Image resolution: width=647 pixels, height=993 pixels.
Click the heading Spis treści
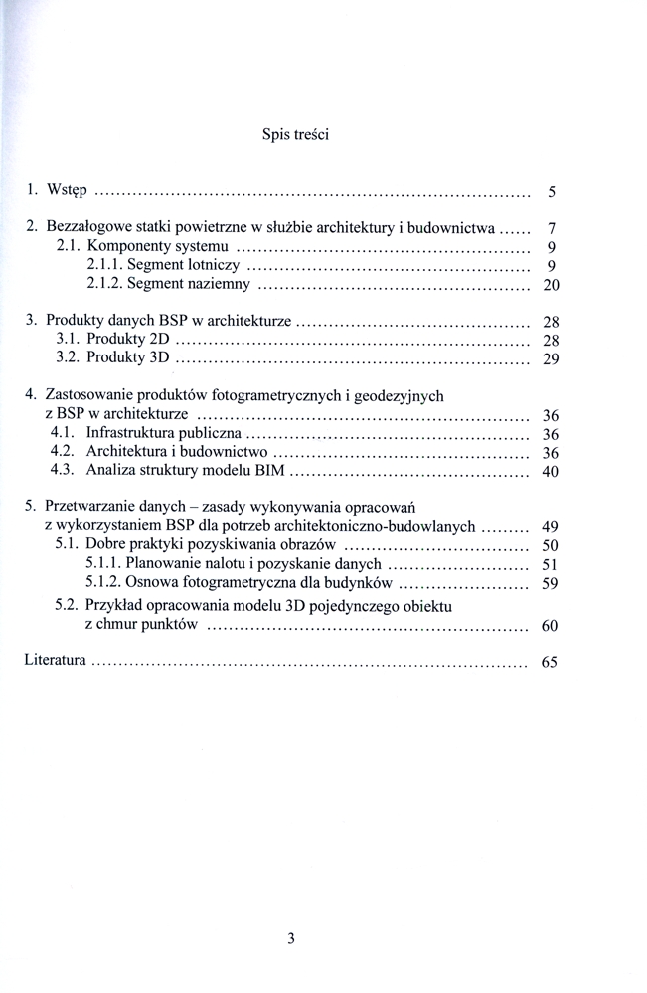click(x=295, y=134)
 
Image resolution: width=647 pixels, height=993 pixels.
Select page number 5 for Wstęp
click(x=551, y=190)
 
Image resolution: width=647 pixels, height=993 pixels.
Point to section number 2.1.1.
click(x=104, y=266)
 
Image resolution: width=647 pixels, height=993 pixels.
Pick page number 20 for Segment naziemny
click(x=551, y=286)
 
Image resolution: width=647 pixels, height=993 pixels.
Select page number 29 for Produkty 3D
click(x=551, y=358)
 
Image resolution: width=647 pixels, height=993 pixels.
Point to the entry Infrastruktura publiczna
click(x=163, y=433)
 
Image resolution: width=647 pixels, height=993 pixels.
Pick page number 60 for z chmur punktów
click(x=551, y=626)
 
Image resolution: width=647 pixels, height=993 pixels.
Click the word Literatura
click(x=56, y=660)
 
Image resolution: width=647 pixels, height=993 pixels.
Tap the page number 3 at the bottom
click(x=290, y=937)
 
